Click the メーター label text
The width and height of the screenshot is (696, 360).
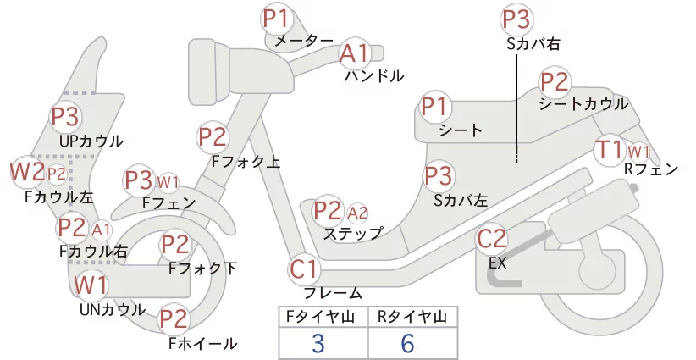(304, 41)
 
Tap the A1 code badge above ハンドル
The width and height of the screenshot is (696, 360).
(355, 53)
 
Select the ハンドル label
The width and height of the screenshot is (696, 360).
(374, 76)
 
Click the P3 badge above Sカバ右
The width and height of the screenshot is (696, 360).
(516, 19)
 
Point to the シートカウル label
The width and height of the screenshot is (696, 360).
(583, 104)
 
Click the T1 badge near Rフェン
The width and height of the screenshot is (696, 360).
(610, 150)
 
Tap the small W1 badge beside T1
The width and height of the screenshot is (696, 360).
(638, 152)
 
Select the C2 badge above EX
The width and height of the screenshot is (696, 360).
(492, 239)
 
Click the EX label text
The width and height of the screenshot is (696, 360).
(497, 263)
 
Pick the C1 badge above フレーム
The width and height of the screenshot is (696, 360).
(305, 269)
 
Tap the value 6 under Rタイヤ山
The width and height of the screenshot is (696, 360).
(407, 343)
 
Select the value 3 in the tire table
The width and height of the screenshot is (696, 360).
(318, 343)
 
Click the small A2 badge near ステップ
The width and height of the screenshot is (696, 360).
(357, 213)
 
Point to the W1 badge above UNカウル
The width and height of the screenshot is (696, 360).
(91, 285)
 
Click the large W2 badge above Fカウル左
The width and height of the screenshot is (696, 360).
(27, 172)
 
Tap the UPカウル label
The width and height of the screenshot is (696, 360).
(91, 141)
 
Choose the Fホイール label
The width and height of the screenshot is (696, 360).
(203, 343)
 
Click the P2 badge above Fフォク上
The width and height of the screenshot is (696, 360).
(213, 136)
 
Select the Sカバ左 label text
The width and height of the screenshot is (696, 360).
(461, 201)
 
